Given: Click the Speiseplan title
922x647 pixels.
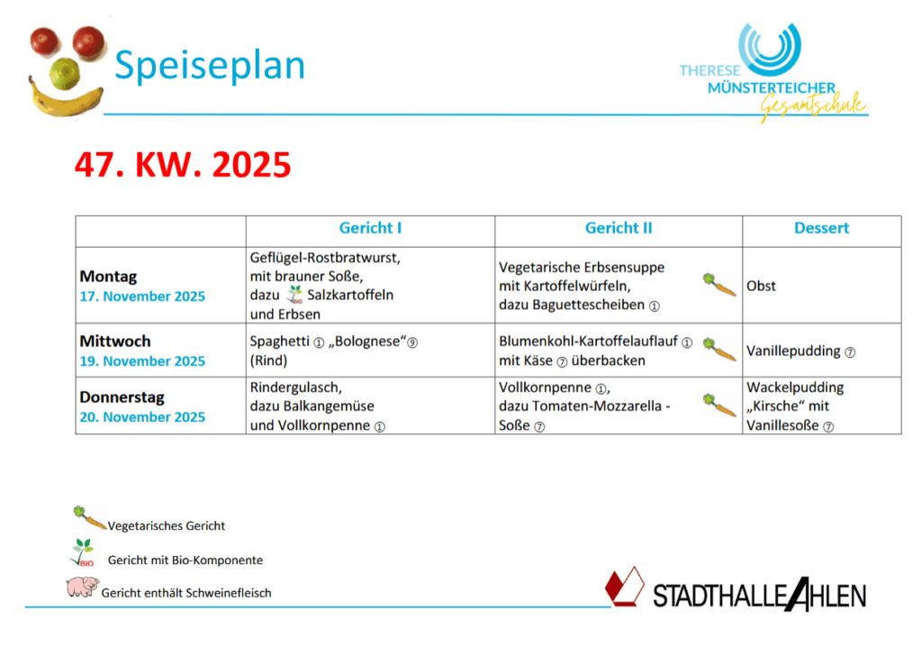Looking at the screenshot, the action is point(210,66).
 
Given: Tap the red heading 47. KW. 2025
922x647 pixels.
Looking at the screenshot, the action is point(183,164).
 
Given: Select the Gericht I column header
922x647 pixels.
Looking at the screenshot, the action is point(370,228).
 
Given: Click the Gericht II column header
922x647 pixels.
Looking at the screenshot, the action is point(619,228).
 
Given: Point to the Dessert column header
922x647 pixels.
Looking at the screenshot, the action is point(821,228).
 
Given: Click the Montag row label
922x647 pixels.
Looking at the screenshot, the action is point(108,276).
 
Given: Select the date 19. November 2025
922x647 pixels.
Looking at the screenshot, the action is point(142,360).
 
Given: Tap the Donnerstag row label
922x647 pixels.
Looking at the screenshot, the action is point(122,397).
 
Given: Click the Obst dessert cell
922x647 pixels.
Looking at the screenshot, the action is point(761,287).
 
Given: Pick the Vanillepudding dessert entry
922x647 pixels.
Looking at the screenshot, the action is point(794,351).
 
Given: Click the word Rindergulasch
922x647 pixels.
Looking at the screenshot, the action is point(295,387).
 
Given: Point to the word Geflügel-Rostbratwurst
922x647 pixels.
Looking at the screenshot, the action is point(325,258).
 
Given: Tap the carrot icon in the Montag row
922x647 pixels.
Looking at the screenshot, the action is point(719,285).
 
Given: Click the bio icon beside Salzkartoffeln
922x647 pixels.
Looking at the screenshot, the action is point(294,295).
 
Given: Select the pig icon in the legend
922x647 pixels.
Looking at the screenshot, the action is point(82,587).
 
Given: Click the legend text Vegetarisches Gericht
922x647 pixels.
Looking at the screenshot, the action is point(167,525).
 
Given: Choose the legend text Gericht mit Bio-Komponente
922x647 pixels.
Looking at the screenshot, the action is point(185,560).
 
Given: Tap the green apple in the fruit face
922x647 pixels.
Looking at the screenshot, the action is point(65,74).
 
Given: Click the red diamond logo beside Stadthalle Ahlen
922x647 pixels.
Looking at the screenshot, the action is point(625,587).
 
